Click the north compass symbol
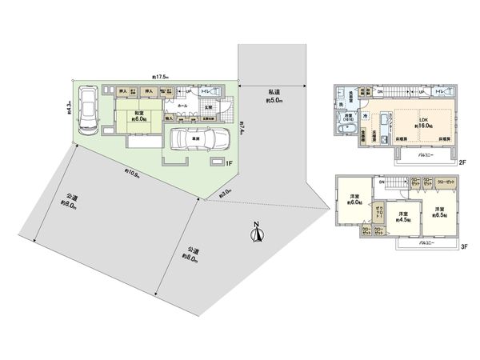click(x=257, y=233)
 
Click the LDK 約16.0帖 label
click(x=425, y=122)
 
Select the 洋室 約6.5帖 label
click(x=439, y=212)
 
